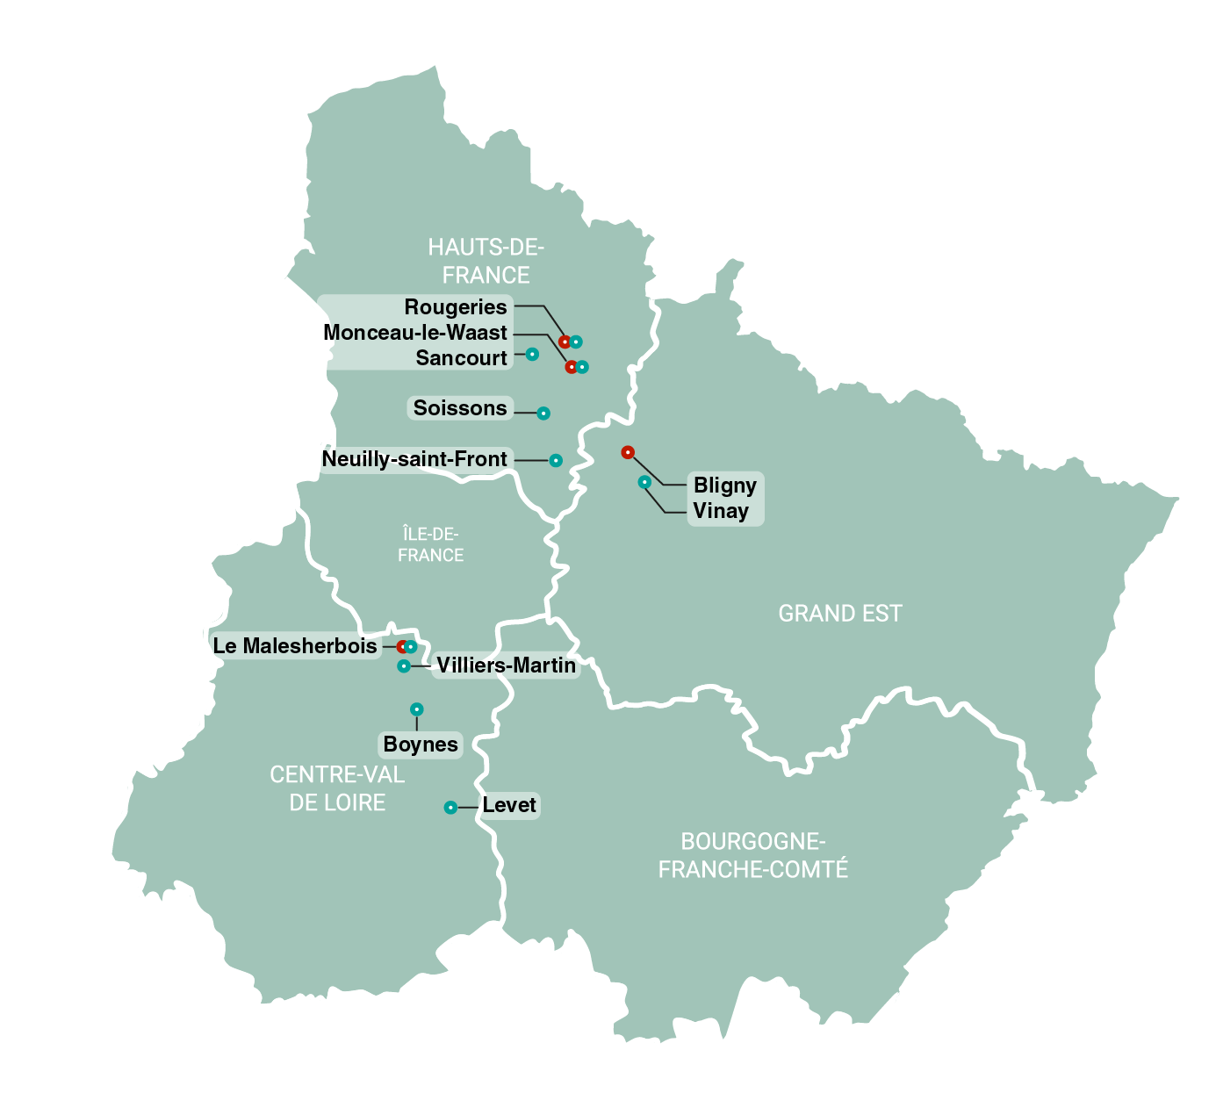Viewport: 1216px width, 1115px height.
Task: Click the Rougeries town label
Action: coord(456,307)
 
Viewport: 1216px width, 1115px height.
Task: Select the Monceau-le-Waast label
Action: coord(415,333)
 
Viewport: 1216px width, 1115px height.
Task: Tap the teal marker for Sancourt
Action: coord(532,354)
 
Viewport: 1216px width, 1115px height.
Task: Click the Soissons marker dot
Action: coord(543,413)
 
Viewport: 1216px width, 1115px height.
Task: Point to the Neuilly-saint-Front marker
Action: coord(556,460)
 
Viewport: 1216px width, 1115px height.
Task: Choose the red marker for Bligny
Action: coord(628,452)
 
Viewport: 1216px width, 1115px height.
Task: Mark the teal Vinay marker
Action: coord(644,482)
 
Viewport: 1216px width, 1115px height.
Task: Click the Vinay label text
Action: coord(721,511)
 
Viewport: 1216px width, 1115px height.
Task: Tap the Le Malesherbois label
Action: coord(295,646)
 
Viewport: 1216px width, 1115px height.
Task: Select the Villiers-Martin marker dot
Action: coord(404,666)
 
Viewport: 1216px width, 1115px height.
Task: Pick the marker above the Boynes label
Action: coord(417,709)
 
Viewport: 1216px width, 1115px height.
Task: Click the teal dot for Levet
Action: coord(450,807)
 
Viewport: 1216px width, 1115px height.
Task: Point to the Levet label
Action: coord(509,805)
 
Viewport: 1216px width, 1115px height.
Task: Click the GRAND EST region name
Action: coord(840,614)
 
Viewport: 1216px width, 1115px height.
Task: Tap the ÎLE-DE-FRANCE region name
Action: coord(430,544)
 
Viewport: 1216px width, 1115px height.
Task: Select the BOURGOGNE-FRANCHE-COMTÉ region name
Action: coord(753,855)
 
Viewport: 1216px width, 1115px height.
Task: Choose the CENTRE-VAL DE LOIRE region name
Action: coord(338,788)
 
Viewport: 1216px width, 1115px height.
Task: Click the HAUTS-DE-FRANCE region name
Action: coord(486,261)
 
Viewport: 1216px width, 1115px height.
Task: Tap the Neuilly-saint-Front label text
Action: coord(414,459)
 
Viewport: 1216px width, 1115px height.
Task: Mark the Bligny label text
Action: coord(725,486)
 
